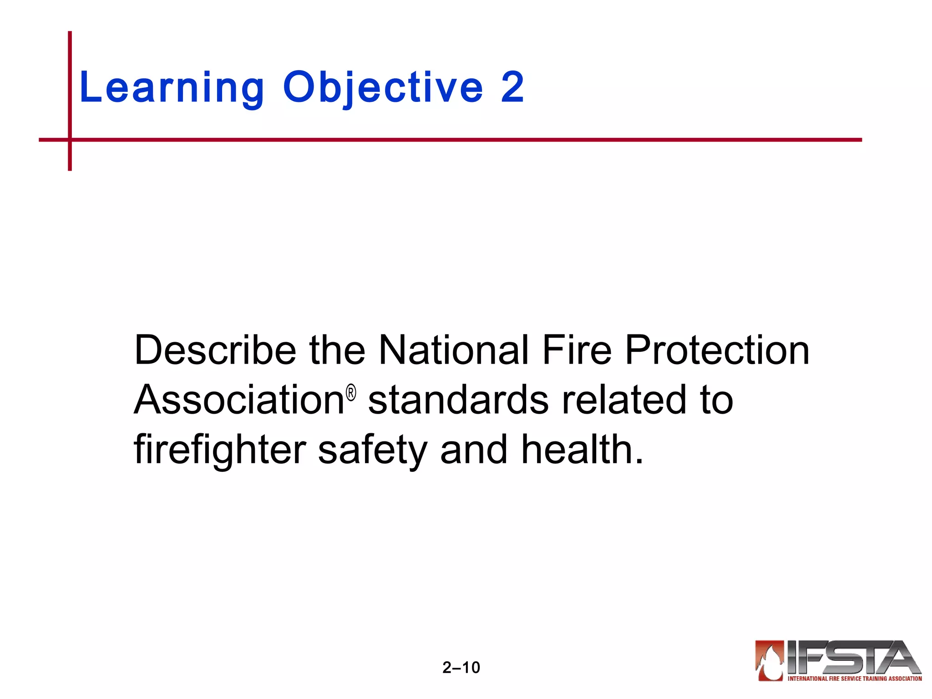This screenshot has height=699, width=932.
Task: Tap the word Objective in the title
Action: (x=383, y=87)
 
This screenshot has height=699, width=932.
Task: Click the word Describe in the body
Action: (x=215, y=350)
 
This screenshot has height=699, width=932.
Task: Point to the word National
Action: (x=454, y=350)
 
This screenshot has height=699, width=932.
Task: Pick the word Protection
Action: (x=717, y=350)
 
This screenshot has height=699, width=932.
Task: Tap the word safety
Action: (x=372, y=451)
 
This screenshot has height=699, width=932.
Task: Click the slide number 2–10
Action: (x=461, y=668)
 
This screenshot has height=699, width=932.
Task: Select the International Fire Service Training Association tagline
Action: (x=855, y=679)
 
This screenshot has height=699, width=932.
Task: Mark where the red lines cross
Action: (x=70, y=140)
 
